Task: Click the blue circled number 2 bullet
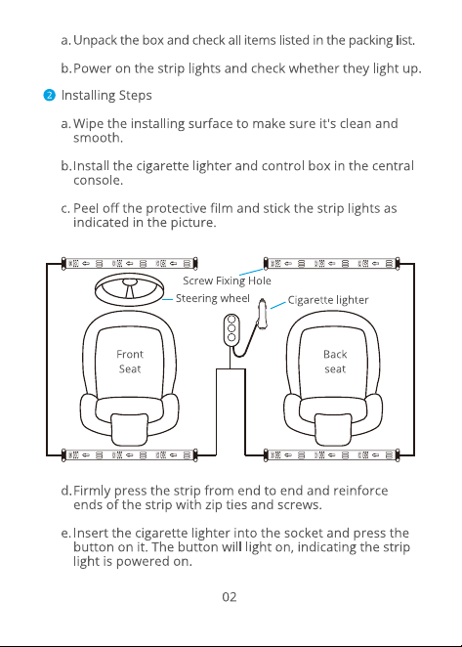click(x=49, y=96)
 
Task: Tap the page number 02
click(x=230, y=596)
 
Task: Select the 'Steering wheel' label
click(x=212, y=298)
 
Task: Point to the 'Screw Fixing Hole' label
click(x=227, y=280)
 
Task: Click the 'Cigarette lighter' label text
click(x=328, y=300)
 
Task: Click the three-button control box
click(x=231, y=328)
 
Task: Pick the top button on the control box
click(x=231, y=320)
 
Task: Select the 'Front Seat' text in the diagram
click(x=130, y=362)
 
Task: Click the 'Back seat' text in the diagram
click(x=335, y=362)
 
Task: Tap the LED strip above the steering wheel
click(x=130, y=263)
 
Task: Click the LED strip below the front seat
click(x=130, y=455)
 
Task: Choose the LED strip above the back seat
click(x=332, y=263)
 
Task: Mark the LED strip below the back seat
click(x=332, y=455)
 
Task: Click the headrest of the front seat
click(x=129, y=430)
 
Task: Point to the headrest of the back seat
click(x=333, y=430)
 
